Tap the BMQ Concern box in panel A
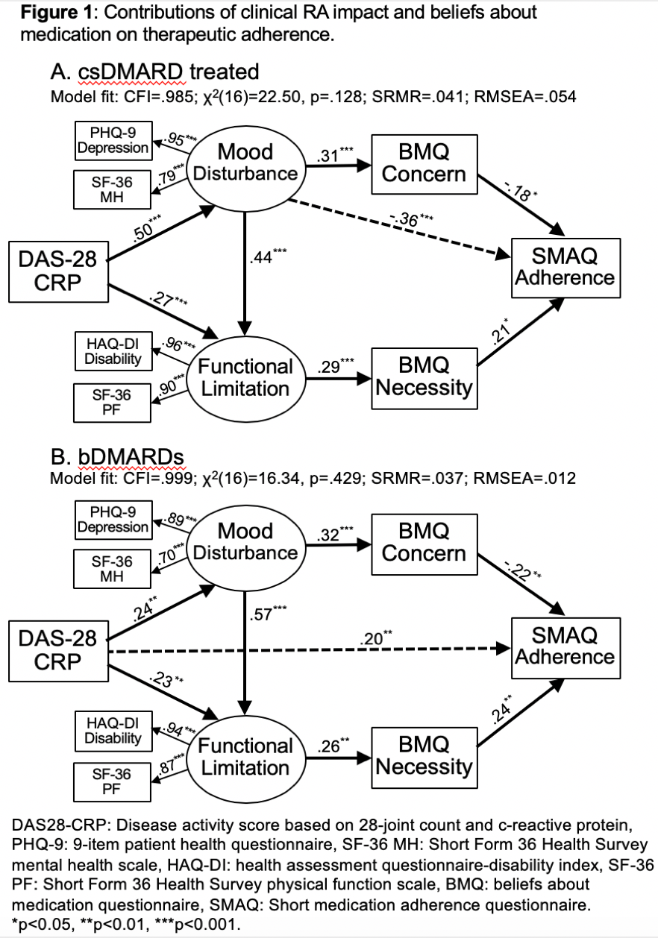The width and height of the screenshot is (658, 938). tap(423, 163)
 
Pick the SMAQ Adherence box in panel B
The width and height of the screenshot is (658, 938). tap(565, 646)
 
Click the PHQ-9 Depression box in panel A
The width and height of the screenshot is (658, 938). tap(114, 140)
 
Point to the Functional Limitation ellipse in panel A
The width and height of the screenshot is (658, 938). tap(245, 377)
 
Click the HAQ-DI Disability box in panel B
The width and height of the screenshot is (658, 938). tap(113, 731)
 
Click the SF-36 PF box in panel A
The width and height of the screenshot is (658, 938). tap(113, 403)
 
